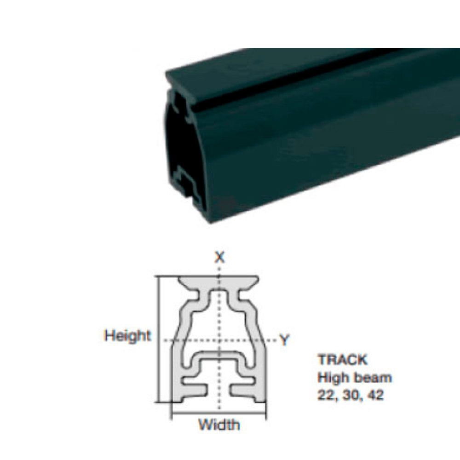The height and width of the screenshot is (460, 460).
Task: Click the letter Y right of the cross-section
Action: click(285, 340)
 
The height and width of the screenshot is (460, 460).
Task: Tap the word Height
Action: click(127, 335)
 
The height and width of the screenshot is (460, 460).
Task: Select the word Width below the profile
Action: click(219, 424)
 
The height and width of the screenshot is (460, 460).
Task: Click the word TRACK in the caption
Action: click(342, 359)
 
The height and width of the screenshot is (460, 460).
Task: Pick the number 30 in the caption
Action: click(350, 395)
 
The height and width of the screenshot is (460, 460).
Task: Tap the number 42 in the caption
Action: click(375, 395)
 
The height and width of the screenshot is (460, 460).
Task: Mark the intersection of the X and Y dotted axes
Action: click(219, 340)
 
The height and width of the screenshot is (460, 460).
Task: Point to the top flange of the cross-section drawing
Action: click(219, 281)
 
